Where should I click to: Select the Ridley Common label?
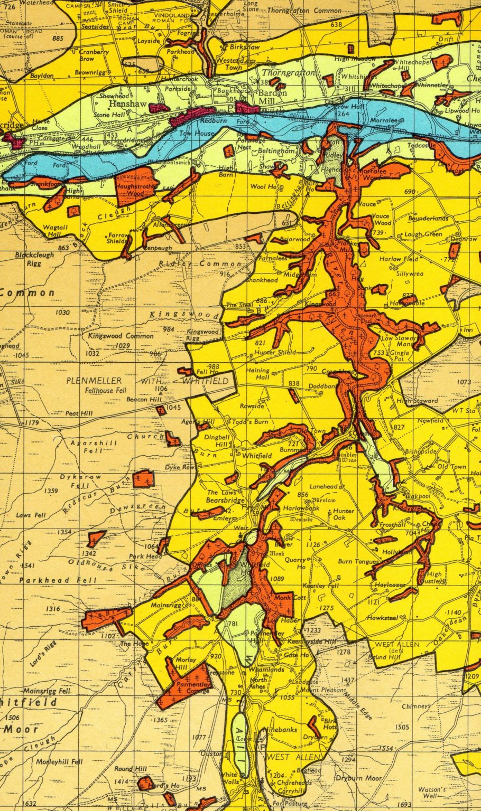click(201, 263)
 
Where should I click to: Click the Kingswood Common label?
click(121, 336)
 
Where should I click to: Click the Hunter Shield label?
click(275, 352)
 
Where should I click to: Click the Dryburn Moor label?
click(358, 778)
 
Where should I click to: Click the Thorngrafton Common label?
click(304, 11)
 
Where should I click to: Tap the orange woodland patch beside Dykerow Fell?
click(144, 479)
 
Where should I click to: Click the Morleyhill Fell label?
click(60, 762)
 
